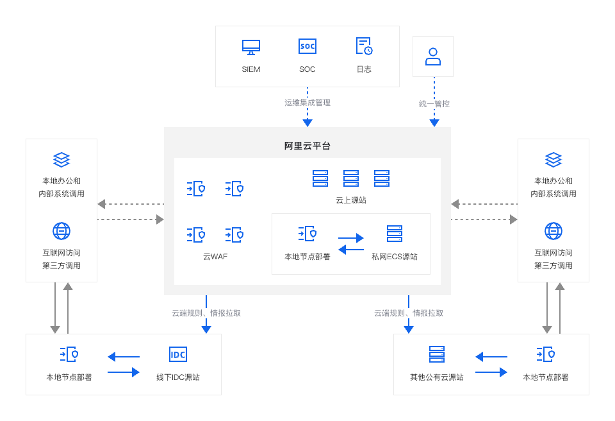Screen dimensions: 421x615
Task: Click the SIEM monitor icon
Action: point(251,47)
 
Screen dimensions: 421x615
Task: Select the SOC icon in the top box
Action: point(307,47)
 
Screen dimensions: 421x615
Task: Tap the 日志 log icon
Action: point(364,46)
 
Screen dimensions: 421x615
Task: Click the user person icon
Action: point(433,56)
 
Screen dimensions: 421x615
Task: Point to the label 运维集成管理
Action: point(307,103)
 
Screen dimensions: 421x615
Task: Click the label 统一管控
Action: point(434,104)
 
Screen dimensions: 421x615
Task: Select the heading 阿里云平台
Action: point(307,146)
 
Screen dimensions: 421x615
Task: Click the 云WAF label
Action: point(215,257)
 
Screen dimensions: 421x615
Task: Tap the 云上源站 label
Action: point(351,200)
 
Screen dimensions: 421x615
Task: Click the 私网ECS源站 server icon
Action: point(395,234)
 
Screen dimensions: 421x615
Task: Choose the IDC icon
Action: point(178,355)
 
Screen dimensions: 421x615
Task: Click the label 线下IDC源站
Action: point(178,377)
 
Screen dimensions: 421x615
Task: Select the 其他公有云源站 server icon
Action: point(437,355)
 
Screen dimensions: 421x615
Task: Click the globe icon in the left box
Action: point(61,231)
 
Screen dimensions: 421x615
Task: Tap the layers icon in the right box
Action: point(553,159)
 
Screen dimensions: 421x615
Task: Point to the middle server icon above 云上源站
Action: point(351,178)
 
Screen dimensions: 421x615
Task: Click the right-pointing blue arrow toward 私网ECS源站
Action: point(351,238)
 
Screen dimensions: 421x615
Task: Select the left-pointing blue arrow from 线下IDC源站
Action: point(124,357)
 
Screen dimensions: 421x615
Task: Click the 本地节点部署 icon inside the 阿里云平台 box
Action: point(307,234)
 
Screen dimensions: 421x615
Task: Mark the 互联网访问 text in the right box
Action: point(553,253)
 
